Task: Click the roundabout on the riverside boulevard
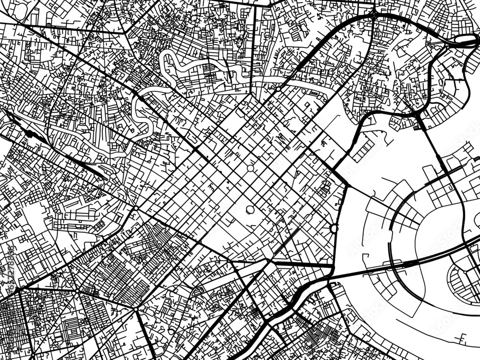coord(334,228)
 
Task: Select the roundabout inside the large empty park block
coord(250,210)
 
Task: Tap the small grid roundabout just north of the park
coord(250,168)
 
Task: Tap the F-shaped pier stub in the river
coord(464,337)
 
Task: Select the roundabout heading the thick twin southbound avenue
coord(136,208)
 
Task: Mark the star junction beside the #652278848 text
coord(18,289)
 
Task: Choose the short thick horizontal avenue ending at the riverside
coord(302,264)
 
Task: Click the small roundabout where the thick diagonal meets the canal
coord(277,89)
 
